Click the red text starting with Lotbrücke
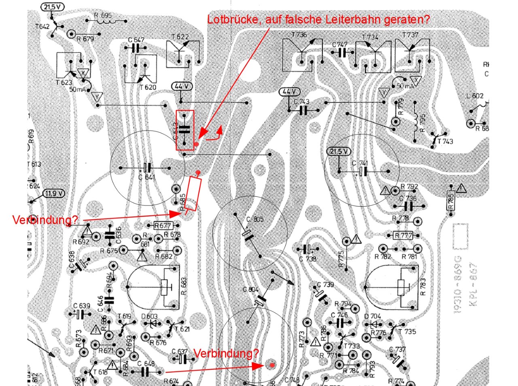point(318,19)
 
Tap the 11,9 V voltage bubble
point(54,193)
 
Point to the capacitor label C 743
point(301,102)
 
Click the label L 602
point(475,96)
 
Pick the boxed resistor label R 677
point(163,225)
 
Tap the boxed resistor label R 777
point(403,235)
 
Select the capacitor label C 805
point(255,220)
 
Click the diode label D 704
point(372,316)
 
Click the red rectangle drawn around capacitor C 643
point(185,130)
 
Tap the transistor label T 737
point(410,35)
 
